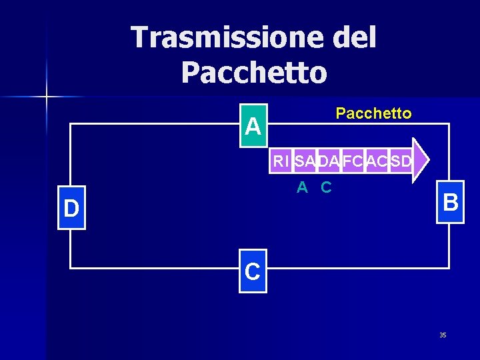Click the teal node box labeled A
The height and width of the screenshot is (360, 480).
253,126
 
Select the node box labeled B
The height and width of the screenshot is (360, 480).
450,202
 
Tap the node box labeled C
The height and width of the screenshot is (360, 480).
253,272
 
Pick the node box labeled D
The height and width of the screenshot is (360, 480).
71,208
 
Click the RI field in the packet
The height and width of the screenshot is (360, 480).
281,161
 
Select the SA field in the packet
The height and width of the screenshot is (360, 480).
305,161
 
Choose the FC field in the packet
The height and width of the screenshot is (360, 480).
353,161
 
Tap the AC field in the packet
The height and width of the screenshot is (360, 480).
377,161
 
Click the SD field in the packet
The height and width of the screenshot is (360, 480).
401,161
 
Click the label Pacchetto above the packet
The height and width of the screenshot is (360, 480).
373,113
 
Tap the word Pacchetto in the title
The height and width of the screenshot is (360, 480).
253,73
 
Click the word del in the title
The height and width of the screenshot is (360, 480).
353,37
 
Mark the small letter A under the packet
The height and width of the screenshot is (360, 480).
302,188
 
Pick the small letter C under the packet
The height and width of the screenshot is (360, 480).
326,188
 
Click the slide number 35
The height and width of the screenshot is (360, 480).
443,335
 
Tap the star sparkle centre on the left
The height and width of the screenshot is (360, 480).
47,97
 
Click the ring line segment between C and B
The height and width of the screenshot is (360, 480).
360,268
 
